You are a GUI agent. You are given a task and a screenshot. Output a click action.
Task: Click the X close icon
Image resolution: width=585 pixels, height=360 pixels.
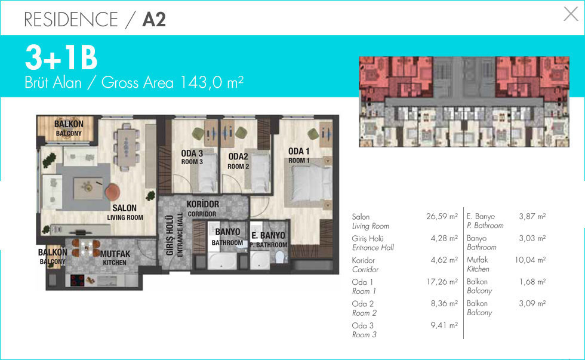[571, 14]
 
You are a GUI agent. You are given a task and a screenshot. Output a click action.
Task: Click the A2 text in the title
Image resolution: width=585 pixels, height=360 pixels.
[154, 19]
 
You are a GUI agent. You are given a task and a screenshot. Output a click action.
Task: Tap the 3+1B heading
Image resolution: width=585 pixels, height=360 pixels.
[61, 57]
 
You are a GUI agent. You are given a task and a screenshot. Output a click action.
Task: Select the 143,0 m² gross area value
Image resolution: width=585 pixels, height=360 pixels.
[211, 82]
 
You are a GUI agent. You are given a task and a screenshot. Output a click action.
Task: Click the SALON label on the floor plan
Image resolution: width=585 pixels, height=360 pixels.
[125, 208]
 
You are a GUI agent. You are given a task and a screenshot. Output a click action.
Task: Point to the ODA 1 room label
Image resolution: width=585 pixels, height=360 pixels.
[299, 151]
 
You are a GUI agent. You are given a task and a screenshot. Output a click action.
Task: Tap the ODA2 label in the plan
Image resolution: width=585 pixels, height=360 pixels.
[238, 156]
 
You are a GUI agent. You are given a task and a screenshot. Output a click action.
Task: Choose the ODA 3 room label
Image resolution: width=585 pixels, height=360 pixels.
[192, 153]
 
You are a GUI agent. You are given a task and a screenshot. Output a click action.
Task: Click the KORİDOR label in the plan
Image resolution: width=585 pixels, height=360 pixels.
[202, 204]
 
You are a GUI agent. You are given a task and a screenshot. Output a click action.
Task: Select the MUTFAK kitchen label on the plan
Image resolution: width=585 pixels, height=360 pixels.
[115, 254]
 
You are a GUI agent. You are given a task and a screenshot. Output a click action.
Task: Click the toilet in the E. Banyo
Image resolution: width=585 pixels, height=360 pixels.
[280, 257]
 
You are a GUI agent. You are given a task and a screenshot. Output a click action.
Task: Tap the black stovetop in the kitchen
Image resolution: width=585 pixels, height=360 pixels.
[77, 280]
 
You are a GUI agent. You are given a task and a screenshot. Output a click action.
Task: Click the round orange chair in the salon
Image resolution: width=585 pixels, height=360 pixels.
[112, 192]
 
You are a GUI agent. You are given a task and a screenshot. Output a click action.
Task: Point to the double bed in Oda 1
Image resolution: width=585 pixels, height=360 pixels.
[308, 183]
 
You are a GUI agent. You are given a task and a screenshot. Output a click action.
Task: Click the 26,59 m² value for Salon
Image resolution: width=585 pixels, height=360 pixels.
[442, 216]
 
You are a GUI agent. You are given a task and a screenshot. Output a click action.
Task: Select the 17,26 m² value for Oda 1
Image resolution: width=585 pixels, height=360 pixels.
[442, 282]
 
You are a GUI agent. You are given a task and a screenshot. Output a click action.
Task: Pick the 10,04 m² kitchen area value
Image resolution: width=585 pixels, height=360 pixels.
[530, 260]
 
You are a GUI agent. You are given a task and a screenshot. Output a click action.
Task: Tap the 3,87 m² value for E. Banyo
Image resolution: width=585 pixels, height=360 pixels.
[532, 216]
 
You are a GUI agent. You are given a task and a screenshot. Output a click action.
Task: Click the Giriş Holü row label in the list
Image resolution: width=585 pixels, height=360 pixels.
[368, 238]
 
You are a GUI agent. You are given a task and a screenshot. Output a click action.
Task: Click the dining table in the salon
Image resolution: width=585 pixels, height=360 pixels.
[127, 147]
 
